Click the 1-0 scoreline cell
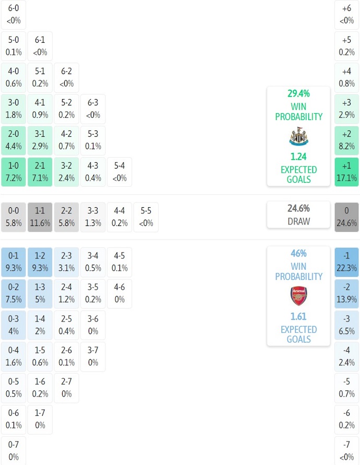pyautogui.click(x=14, y=172)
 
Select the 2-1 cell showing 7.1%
pyautogui.click(x=40, y=172)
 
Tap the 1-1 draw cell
pyautogui.click(x=40, y=217)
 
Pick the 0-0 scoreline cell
pyautogui.click(x=14, y=217)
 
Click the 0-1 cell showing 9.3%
pyautogui.click(x=14, y=262)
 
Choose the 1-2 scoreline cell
pyautogui.click(x=40, y=262)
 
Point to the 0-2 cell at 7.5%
pyautogui.click(x=14, y=294)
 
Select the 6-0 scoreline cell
pyautogui.click(x=14, y=15)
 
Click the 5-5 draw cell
pyautogui.click(x=146, y=217)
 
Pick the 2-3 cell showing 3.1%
pyautogui.click(x=66, y=262)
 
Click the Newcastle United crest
pyautogui.click(x=298, y=137)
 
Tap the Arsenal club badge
pyautogui.click(x=298, y=296)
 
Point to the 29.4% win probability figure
pyautogui.click(x=298, y=94)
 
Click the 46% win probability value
pyautogui.click(x=298, y=254)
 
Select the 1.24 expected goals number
pyautogui.click(x=298, y=156)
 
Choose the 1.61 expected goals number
pyautogui.click(x=298, y=316)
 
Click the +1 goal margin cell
pyautogui.click(x=347, y=172)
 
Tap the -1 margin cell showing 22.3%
pyautogui.click(x=347, y=262)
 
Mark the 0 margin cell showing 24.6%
pyautogui.click(x=347, y=217)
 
